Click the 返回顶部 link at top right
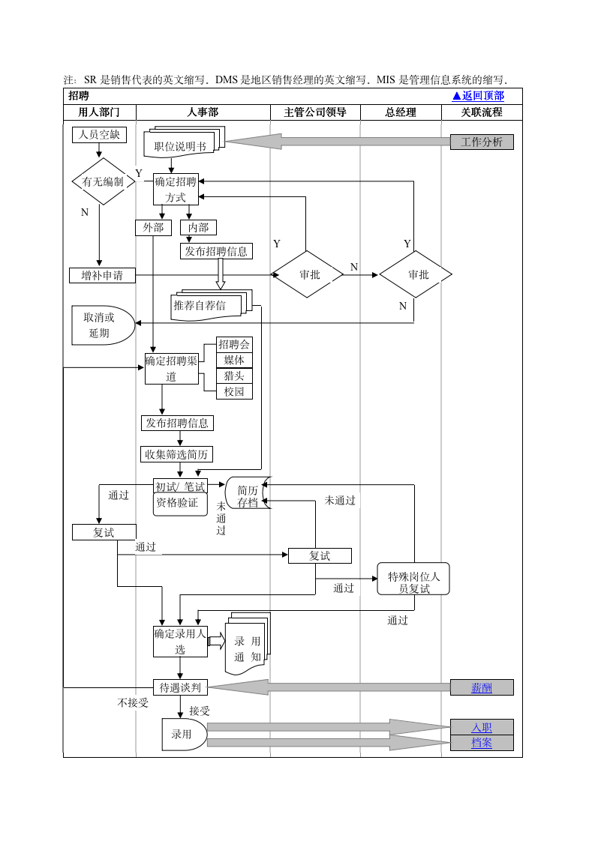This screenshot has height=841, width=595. (478, 96)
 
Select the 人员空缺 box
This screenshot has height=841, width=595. (99, 135)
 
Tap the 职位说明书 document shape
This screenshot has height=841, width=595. (180, 146)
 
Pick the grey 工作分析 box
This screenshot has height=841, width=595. (482, 142)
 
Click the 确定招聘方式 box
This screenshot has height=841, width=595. (176, 190)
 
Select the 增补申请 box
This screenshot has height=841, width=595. (102, 275)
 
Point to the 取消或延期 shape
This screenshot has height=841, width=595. (101, 325)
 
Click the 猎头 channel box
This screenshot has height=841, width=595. (234, 376)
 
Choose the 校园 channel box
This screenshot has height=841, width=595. (234, 391)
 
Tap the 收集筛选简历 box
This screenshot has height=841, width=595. (177, 454)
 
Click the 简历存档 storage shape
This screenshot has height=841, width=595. (248, 495)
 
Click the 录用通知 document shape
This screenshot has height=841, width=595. (246, 648)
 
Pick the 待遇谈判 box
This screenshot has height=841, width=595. (180, 687)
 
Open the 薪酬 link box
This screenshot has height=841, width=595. (482, 687)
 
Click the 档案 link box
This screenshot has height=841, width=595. (482, 743)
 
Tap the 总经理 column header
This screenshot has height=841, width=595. (401, 112)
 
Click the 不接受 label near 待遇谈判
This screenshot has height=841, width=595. (133, 703)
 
